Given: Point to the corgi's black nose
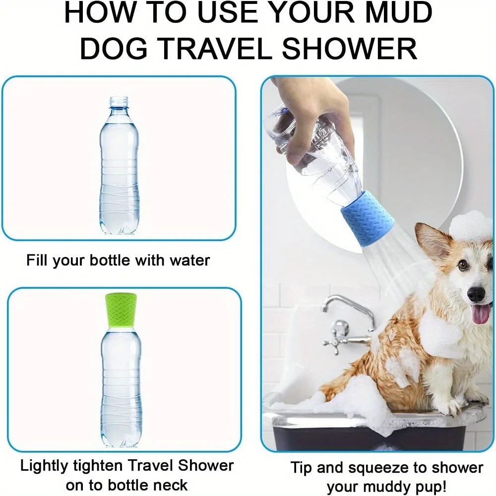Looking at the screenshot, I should (477, 295).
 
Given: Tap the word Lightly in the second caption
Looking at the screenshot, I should (47, 466).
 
